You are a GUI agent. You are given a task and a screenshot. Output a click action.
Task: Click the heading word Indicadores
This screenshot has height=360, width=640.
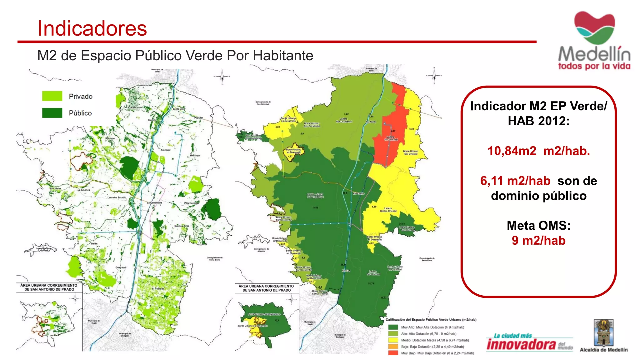tap(92, 28)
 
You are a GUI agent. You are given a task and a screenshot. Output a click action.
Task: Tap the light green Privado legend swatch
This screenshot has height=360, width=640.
tap(52, 96)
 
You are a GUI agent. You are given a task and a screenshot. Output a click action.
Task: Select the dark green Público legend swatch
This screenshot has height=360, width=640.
tap(52, 113)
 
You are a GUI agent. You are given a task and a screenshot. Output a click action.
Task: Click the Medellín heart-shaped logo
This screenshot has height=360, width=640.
tap(594, 27)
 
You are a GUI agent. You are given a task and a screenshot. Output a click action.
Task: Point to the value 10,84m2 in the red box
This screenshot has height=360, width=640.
tap(512, 151)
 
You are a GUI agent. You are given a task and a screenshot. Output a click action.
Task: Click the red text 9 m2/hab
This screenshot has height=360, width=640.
tap(538, 241)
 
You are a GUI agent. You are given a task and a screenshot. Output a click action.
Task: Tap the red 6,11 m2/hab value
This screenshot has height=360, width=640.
tap(515, 181)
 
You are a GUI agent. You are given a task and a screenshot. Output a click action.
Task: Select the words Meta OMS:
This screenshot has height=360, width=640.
tap(538, 225)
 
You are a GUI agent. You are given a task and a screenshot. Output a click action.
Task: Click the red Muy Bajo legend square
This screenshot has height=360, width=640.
tap(393, 353)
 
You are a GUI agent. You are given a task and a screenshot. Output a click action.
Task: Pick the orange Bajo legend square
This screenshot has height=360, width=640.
tap(393, 346)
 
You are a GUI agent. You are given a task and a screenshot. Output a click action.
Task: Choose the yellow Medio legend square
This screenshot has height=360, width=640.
tap(393, 340)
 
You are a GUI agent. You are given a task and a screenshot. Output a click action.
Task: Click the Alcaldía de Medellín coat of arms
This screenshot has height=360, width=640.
tap(603, 332)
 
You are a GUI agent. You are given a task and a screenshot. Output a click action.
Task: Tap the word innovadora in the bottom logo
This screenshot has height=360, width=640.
tap(521, 345)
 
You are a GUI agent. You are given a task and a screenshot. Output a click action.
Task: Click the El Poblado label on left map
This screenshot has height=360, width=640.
tap(158, 289)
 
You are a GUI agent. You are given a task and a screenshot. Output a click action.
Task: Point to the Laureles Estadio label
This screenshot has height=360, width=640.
tap(117, 197)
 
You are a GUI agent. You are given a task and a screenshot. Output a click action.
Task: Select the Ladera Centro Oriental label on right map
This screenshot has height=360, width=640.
tap(388, 209)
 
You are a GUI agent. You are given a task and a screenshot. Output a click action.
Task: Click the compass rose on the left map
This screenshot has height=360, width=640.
tap(222, 77)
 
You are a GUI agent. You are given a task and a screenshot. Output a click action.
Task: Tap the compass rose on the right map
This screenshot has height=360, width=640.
tap(434, 75)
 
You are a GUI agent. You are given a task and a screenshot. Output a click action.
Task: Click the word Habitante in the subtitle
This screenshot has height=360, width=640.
tap(283, 56)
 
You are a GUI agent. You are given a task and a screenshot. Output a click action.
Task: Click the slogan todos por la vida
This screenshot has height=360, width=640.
tap(594, 66)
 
